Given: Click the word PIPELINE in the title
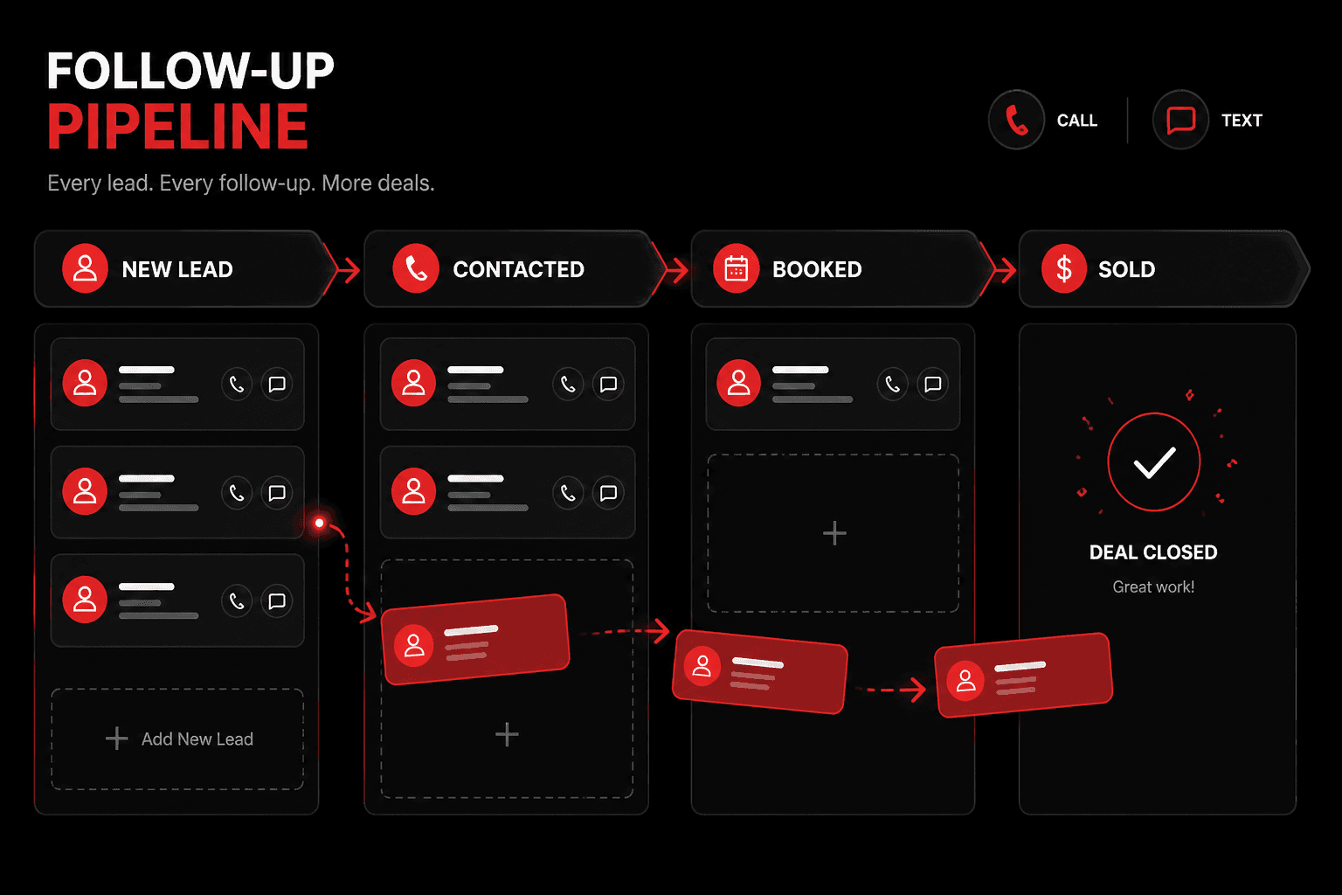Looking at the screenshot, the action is pyautogui.click(x=177, y=127).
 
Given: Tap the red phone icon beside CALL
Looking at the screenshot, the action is pyautogui.click(x=1017, y=120).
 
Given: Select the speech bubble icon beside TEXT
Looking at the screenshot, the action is pyautogui.click(x=1180, y=120).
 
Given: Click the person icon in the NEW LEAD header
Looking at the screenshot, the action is pyautogui.click(x=85, y=268).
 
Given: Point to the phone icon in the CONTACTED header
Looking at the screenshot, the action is pyautogui.click(x=416, y=268).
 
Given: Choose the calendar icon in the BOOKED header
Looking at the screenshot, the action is pyautogui.click(x=737, y=268).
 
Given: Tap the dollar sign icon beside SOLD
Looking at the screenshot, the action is pyautogui.click(x=1064, y=268).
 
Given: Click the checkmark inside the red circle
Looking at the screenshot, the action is pyautogui.click(x=1154, y=462).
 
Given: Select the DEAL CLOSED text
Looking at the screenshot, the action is pyautogui.click(x=1153, y=552).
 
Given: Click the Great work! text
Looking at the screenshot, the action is pyautogui.click(x=1153, y=586).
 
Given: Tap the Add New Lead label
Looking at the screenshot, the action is pyautogui.click(x=197, y=739).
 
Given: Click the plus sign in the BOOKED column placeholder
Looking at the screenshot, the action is pyautogui.click(x=834, y=533).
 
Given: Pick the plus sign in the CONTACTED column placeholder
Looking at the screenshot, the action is pyautogui.click(x=507, y=734).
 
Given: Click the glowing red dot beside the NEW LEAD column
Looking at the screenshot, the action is pyautogui.click(x=319, y=524).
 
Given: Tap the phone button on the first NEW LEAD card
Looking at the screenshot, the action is pyautogui.click(x=237, y=385).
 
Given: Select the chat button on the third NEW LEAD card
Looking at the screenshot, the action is pyautogui.click(x=277, y=600).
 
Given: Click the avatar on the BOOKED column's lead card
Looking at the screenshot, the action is pyautogui.click(x=738, y=383).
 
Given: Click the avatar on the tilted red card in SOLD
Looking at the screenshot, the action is pyautogui.click(x=965, y=681).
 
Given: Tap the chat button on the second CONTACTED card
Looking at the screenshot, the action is pyautogui.click(x=608, y=493).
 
